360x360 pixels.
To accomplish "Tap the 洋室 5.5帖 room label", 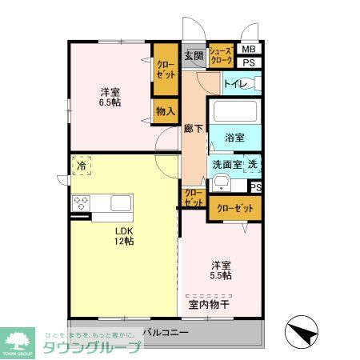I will tap(222, 270).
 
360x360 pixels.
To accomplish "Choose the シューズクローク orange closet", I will tap(221, 55).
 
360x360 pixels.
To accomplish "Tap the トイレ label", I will tap(234, 83).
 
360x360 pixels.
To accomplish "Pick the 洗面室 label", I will tap(226, 165).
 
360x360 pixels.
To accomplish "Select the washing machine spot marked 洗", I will tap(252, 164).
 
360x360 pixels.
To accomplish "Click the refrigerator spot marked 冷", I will tap(82, 166).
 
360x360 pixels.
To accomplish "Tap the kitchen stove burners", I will tap(81, 202).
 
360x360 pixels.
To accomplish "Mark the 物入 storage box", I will tap(166, 110).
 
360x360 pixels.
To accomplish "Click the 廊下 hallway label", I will tap(193, 129).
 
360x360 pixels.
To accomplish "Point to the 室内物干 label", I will tap(210, 303).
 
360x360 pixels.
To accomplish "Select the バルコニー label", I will tap(166, 332).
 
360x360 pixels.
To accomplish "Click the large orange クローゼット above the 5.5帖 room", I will tap(234, 208).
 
